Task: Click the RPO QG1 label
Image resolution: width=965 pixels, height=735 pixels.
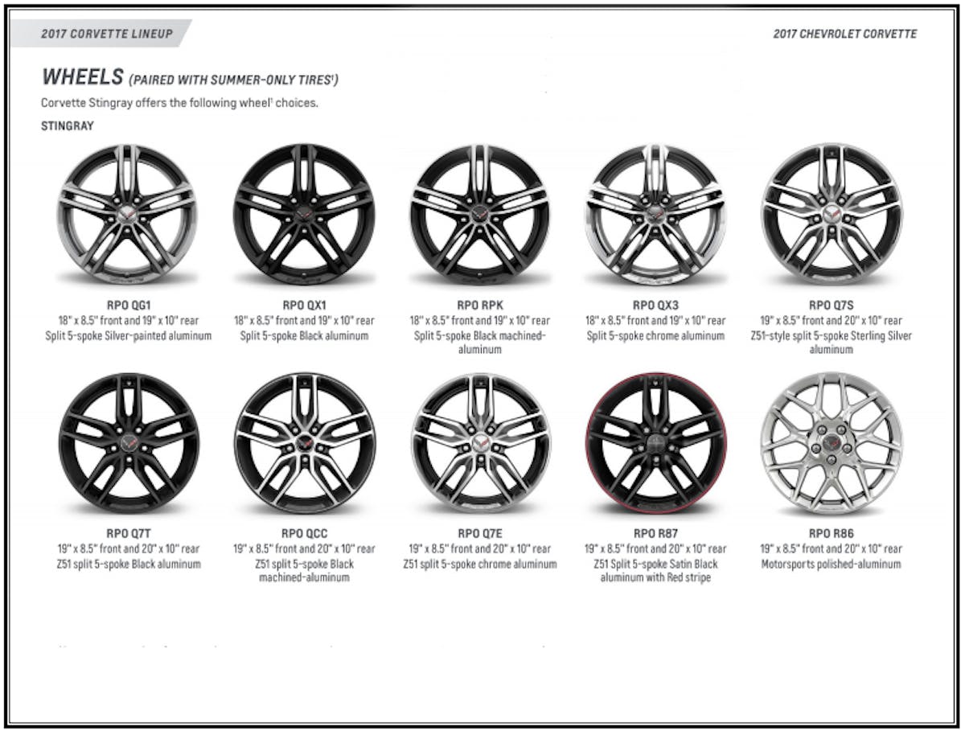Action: point(128,305)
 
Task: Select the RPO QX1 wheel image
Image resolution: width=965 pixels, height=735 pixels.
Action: point(304,214)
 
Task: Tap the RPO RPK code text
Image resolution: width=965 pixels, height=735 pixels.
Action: point(479,305)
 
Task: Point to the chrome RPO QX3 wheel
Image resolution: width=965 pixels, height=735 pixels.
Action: point(655,214)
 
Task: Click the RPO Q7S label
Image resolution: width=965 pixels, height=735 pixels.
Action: point(831,305)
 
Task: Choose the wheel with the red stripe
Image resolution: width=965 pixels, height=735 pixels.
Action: point(655,442)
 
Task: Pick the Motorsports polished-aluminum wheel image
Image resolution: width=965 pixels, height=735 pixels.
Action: point(831,442)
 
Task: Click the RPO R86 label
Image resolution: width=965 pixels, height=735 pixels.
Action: point(831,533)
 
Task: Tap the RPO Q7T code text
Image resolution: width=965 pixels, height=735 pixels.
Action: point(128,533)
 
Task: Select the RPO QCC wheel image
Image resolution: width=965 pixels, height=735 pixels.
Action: point(304,442)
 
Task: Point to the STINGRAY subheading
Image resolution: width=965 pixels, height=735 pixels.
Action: point(68,126)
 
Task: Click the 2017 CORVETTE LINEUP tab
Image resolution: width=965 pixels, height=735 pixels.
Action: point(107,34)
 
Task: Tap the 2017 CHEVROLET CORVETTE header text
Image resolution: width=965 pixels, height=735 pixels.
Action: point(844,34)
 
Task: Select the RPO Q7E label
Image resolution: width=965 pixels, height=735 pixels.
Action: point(479,533)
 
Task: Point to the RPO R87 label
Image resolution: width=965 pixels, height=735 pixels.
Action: point(655,533)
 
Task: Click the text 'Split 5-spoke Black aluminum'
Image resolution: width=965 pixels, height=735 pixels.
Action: point(304,335)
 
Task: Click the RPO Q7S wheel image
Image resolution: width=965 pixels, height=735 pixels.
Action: point(831,214)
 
